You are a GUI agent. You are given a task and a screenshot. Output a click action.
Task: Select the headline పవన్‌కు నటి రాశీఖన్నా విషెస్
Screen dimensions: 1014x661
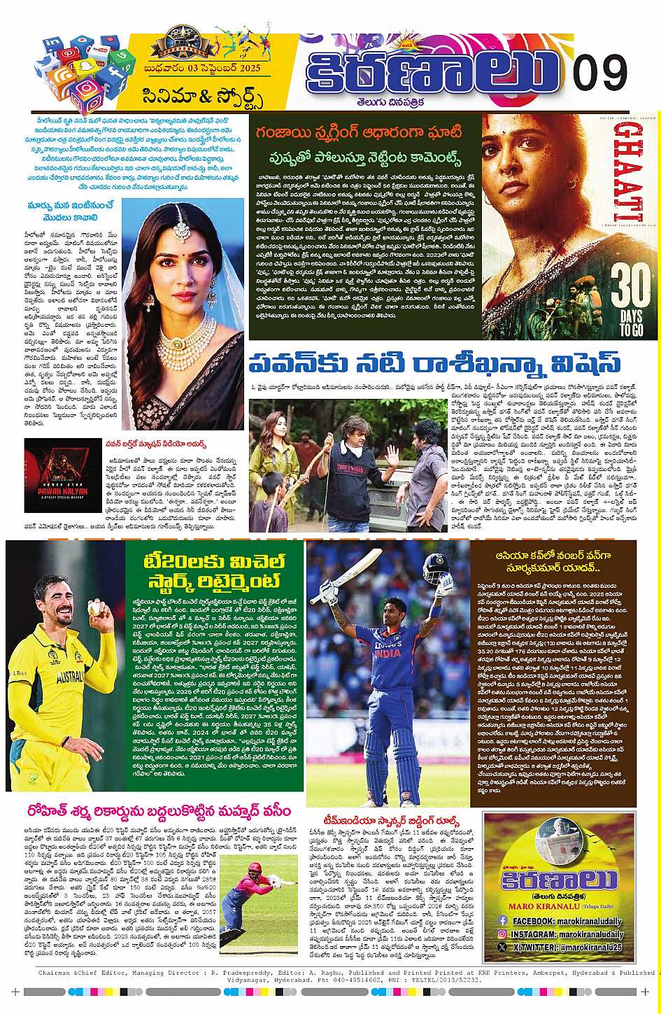434,364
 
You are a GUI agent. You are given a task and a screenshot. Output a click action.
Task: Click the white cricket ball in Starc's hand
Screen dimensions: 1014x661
94,610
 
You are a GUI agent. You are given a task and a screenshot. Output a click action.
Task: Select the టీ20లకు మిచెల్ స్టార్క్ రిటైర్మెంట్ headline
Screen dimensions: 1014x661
214,572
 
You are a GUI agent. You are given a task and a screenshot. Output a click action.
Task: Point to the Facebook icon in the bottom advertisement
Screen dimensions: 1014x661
502,921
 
